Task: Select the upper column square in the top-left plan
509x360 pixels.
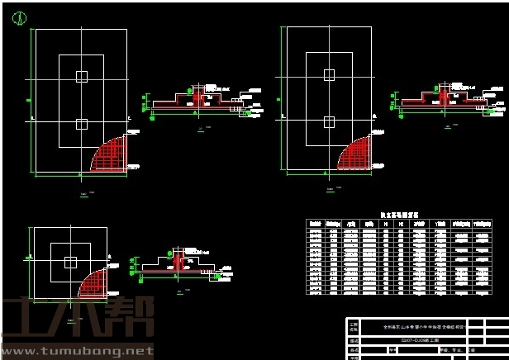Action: (x=81, y=77)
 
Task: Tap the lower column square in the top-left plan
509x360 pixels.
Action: (x=81, y=124)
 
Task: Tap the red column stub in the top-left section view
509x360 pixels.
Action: (x=197, y=97)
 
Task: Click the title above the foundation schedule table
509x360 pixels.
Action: (x=399, y=215)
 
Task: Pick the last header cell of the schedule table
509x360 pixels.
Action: (x=482, y=224)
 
